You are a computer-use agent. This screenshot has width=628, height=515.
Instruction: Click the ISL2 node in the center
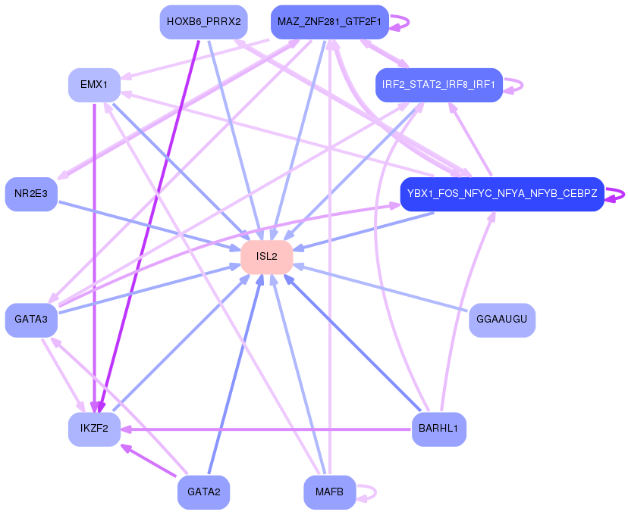point(266,257)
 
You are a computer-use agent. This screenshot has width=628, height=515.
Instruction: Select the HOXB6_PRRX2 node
point(203,22)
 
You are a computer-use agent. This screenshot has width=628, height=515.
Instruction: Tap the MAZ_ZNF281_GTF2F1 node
point(329,22)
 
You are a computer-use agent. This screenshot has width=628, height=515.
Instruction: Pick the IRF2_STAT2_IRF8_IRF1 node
point(439,85)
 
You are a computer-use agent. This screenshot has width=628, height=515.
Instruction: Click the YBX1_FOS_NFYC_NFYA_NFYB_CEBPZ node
point(501,194)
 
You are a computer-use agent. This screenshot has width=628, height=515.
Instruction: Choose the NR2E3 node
point(31,194)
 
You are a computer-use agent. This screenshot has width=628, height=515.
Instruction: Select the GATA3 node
point(31,320)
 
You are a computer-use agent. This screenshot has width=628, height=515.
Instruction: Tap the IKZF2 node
point(94,429)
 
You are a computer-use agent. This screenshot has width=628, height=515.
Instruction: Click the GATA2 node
point(203,492)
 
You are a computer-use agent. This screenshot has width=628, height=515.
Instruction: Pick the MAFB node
point(329,492)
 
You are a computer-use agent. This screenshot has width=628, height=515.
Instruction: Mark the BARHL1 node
point(438,429)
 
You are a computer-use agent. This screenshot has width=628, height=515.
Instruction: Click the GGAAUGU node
point(502,320)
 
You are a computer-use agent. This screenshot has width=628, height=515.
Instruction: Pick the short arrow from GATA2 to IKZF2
point(148,461)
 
